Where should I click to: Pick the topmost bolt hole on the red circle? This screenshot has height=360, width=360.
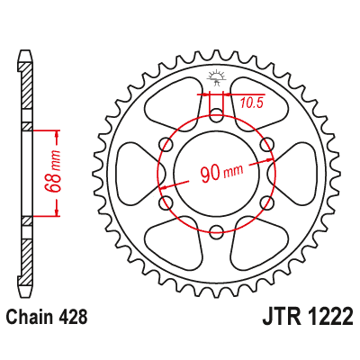[x=216, y=114]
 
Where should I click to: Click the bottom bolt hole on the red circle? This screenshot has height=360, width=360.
[x=216, y=229]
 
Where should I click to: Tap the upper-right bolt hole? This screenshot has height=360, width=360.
[x=266, y=143]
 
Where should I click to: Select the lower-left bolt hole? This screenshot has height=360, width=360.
[x=166, y=201]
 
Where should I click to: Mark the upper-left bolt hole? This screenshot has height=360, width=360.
[x=166, y=143]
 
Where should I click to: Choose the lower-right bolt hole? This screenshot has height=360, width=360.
[x=266, y=201]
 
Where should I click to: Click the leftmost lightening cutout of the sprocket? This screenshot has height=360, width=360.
[x=135, y=172]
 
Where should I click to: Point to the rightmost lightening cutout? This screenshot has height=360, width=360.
[x=298, y=172]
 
